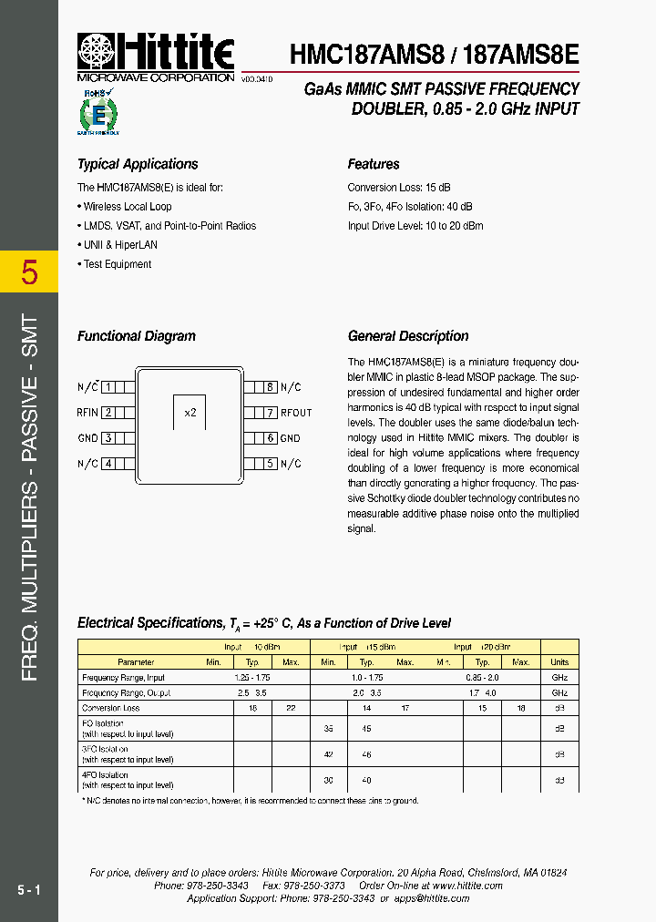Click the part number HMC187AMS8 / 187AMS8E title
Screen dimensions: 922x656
(434, 54)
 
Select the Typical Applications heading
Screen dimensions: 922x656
(138, 164)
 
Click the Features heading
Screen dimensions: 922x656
(374, 164)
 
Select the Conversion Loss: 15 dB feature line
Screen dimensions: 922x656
(399, 188)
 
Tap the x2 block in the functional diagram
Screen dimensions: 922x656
(190, 412)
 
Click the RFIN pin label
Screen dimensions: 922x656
(88, 413)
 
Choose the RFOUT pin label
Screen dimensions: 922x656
(295, 413)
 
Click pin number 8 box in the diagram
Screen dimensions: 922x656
(269, 387)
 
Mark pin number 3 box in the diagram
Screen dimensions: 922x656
(108, 438)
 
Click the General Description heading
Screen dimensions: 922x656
(408, 336)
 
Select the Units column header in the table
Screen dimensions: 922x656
(559, 662)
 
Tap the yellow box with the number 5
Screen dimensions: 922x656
(29, 272)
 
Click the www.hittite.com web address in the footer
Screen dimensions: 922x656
(468, 886)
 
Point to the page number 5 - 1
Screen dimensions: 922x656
(28, 888)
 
